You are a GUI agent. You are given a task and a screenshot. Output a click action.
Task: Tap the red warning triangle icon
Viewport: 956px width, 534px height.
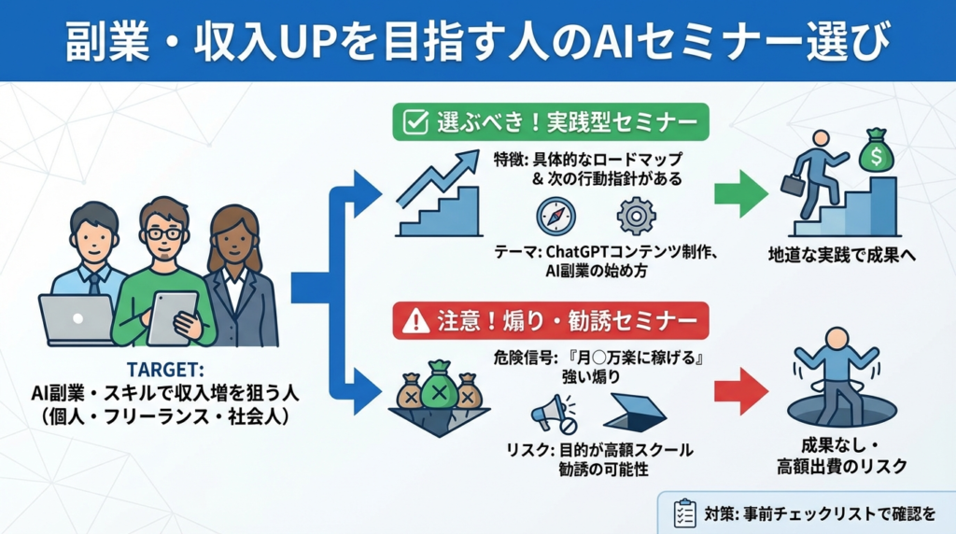[x=411, y=321]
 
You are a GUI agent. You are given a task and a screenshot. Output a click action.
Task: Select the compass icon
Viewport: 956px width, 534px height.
[x=555, y=216]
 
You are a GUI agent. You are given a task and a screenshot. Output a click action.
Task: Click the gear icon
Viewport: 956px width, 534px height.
[x=636, y=216]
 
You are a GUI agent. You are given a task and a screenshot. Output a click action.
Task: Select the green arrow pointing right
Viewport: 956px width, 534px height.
[x=740, y=194]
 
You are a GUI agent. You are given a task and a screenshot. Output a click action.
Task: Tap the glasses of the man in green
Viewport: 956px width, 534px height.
[x=165, y=232]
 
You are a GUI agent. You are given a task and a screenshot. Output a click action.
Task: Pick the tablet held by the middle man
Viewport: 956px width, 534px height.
[x=173, y=316]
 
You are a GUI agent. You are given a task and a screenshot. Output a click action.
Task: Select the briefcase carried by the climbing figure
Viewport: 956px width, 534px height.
[x=793, y=183]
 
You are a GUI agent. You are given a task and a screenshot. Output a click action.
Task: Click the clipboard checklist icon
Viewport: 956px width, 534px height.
[x=684, y=513]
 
